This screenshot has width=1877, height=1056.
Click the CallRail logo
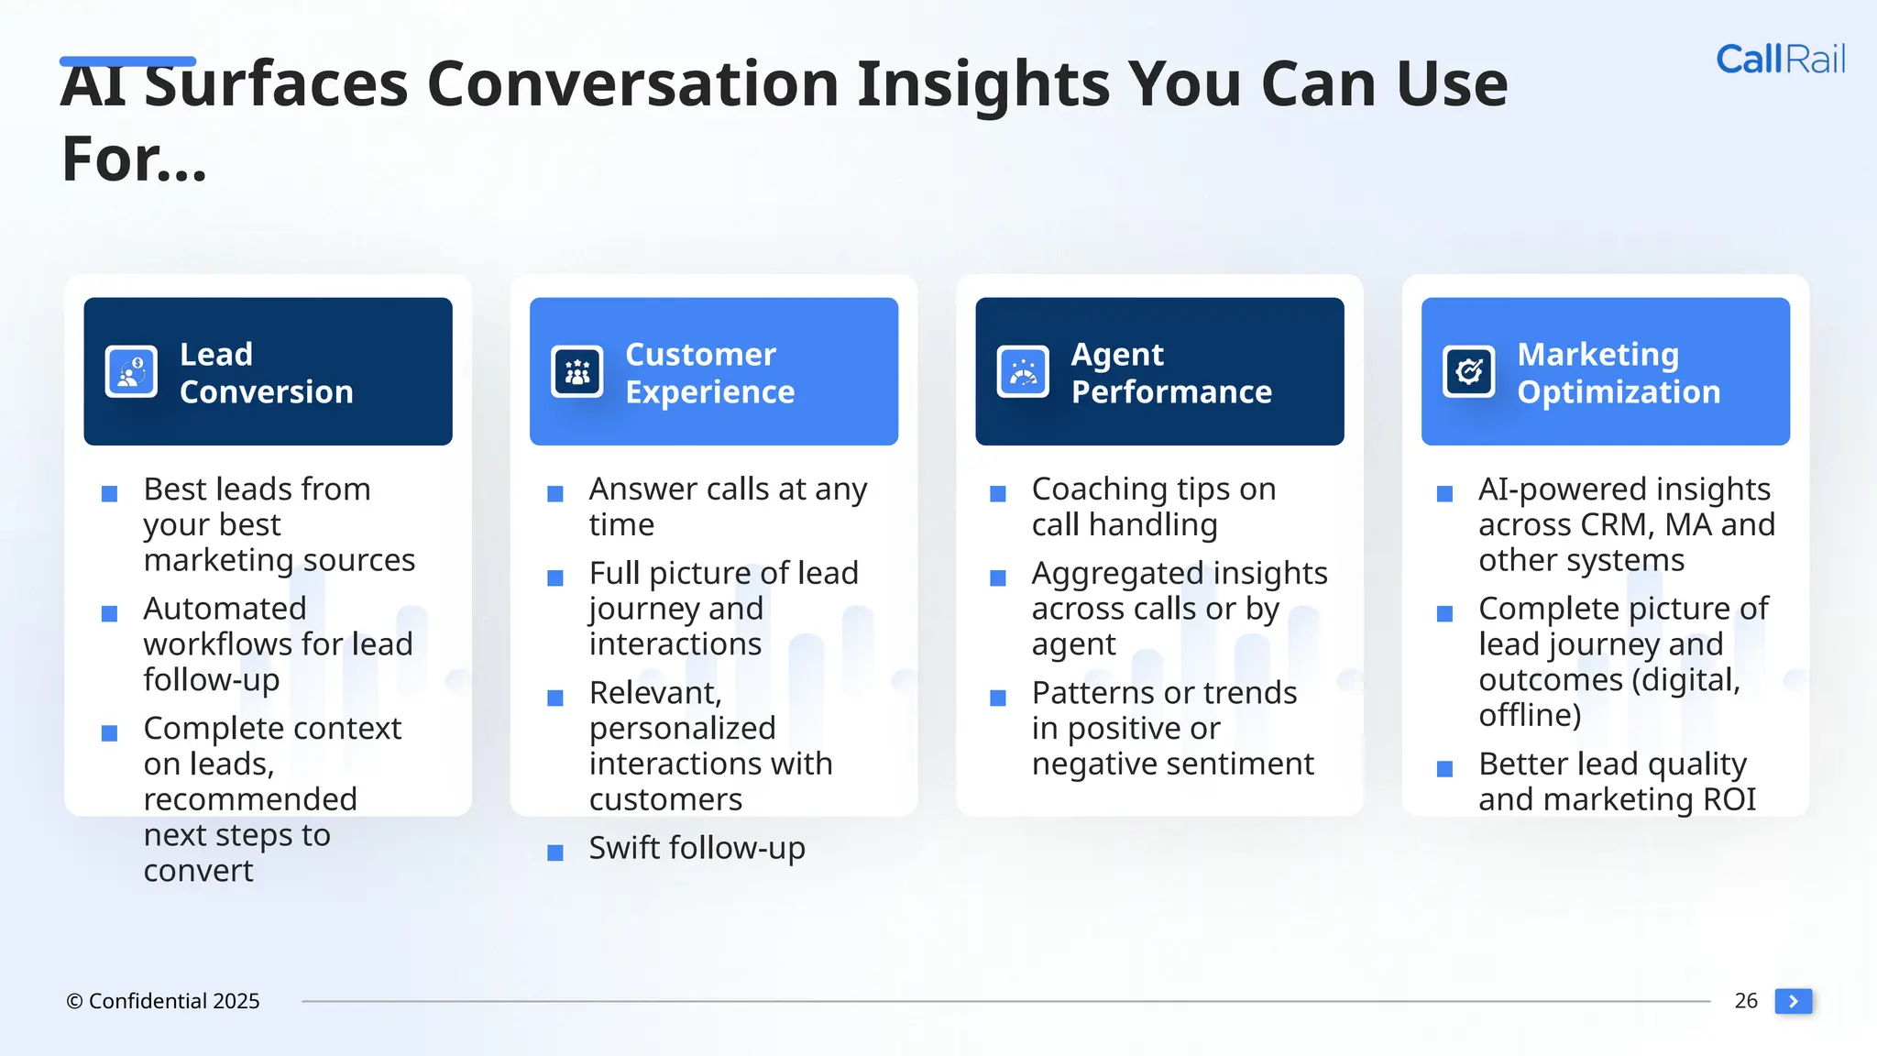coord(1780,60)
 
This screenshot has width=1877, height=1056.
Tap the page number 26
coord(1745,1000)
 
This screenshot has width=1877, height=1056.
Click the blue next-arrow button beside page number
coord(1793,1001)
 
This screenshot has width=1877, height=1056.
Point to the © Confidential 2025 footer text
coord(163,1001)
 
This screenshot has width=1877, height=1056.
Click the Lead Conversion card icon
coord(131,371)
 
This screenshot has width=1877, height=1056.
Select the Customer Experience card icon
coord(576,371)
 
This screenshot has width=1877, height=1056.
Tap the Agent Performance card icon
coord(1023,371)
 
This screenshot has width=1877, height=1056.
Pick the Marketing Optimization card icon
coord(1468,371)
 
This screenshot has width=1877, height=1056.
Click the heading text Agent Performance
coord(1170,373)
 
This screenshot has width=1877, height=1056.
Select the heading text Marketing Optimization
coord(1618,373)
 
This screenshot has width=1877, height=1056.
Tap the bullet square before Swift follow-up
coord(554,852)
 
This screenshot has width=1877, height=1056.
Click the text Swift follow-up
coord(697,848)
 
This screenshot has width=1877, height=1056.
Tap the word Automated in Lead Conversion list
coord(225,609)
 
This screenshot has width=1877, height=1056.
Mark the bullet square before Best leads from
coord(109,494)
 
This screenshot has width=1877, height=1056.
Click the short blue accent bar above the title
coord(127,61)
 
